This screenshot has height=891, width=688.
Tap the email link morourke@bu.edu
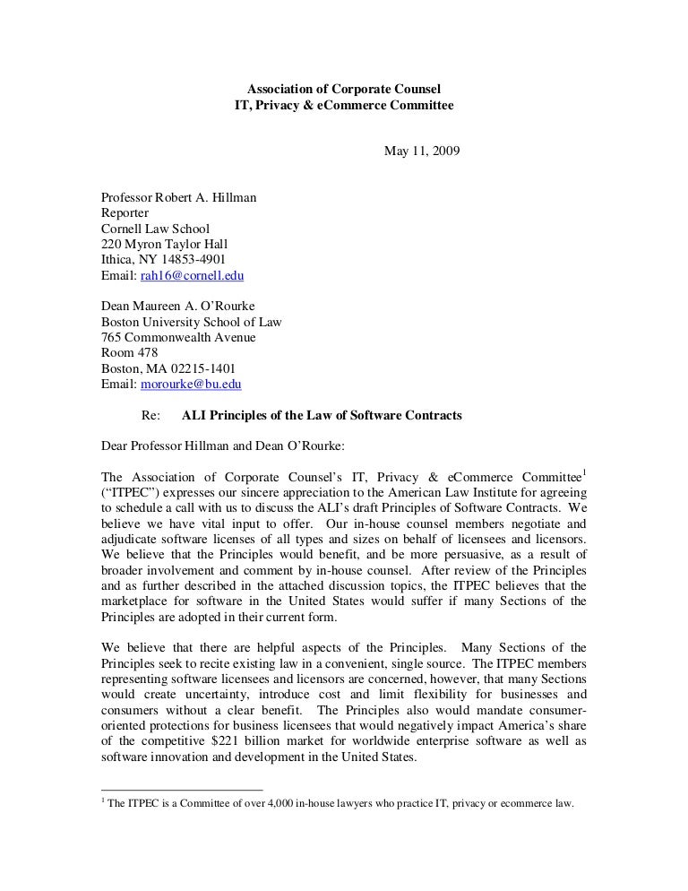[192, 385]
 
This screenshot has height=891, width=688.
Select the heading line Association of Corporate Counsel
[344, 89]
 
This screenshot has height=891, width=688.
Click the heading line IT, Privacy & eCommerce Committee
[344, 105]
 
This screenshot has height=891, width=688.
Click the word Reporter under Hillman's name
[125, 212]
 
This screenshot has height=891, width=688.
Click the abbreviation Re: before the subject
[150, 416]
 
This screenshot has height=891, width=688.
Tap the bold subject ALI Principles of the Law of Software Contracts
[322, 416]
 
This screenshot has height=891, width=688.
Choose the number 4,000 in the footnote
[274, 803]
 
